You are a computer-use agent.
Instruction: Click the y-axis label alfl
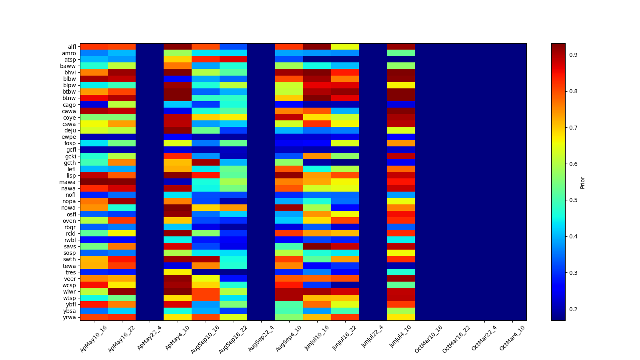coord(72,47)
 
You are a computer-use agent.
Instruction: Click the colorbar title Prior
coord(582,182)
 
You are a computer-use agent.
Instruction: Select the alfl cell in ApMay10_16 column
coord(94,47)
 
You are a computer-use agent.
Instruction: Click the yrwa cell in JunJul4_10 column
coord(401,318)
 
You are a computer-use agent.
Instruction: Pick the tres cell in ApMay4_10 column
coord(178,272)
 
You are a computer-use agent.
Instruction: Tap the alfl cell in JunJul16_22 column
coord(345,47)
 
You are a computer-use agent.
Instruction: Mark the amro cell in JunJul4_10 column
coord(401,53)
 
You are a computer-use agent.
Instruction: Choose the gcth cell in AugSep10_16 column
coord(206,163)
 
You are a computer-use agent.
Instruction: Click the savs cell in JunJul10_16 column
coord(317,246)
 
